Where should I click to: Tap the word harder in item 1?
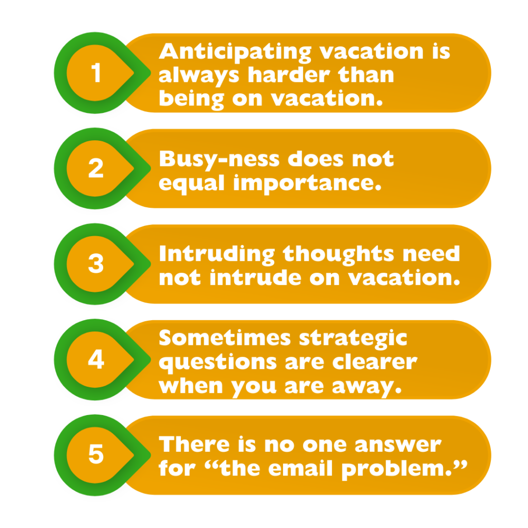pyautogui.click(x=289, y=75)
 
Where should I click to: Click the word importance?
pyautogui.click(x=307, y=184)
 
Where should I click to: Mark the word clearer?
pyautogui.click(x=375, y=362)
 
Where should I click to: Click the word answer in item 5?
pyautogui.click(x=398, y=445)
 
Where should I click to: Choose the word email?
pyautogui.click(x=301, y=468)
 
